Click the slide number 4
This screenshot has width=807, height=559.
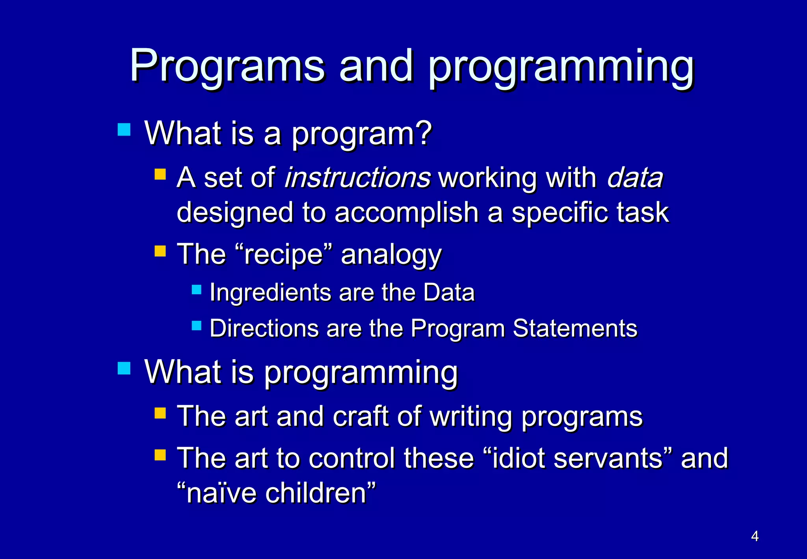[x=755, y=536]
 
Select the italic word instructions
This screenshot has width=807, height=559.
[x=357, y=177]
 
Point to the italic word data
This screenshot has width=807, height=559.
[x=635, y=177]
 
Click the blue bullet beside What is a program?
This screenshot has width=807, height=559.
[x=124, y=129]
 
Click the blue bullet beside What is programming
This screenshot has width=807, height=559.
[x=124, y=368]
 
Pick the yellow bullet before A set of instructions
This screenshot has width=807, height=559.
[x=160, y=174]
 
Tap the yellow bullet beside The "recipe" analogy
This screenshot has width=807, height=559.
[x=160, y=251]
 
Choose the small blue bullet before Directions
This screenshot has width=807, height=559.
[x=197, y=326]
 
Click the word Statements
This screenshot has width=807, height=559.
[x=575, y=328]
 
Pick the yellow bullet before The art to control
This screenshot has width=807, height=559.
[x=160, y=455]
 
